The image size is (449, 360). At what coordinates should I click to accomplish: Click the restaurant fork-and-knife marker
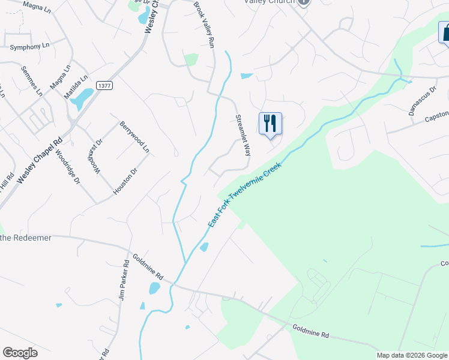(270, 124)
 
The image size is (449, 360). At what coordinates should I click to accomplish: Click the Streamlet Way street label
(243, 135)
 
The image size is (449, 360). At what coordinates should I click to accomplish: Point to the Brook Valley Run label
(204, 25)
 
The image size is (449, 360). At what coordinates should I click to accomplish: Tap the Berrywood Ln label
(134, 136)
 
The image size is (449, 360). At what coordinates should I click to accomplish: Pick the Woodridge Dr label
(67, 167)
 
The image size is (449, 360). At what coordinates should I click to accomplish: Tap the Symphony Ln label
(29, 46)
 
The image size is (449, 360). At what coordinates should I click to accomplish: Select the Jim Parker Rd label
(124, 280)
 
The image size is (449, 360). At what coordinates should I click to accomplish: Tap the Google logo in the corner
(20, 353)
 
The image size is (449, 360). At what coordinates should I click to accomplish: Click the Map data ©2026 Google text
(412, 355)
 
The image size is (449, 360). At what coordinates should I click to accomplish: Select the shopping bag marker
(445, 32)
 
